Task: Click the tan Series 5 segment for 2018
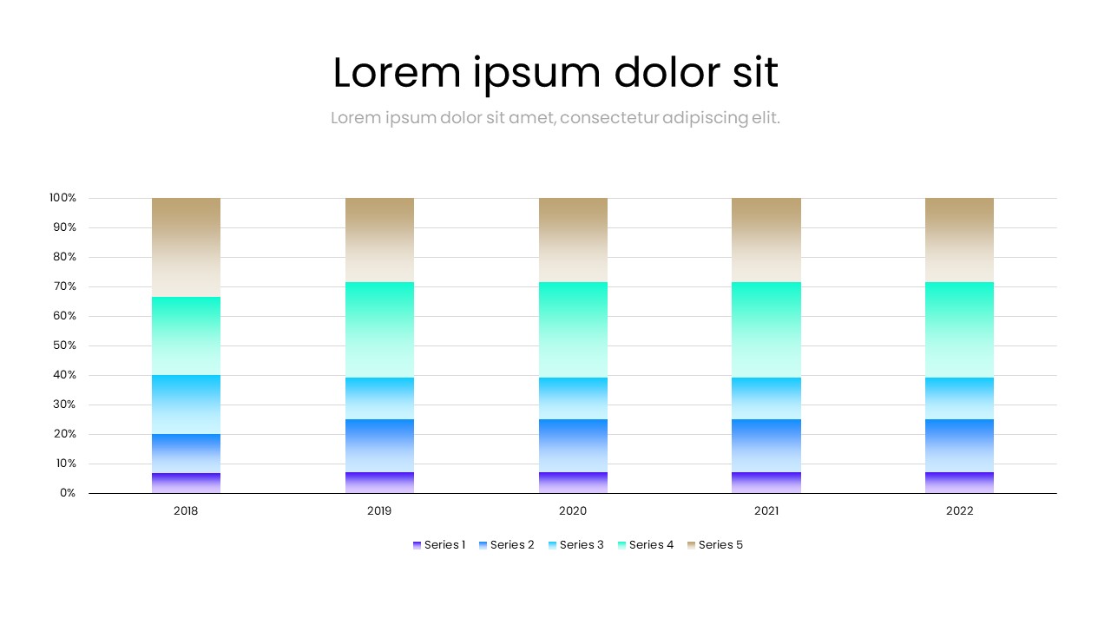pyautogui.click(x=186, y=247)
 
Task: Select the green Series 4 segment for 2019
pyautogui.click(x=379, y=330)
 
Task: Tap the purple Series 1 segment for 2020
pyautogui.click(x=573, y=483)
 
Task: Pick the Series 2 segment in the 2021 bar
pyautogui.click(x=766, y=445)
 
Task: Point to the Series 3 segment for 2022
pyautogui.click(x=959, y=398)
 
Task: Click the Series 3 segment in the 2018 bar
pyautogui.click(x=186, y=405)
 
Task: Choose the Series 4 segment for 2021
pyautogui.click(x=766, y=330)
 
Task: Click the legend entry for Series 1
pyautogui.click(x=439, y=545)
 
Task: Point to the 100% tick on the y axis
pyautogui.click(x=63, y=198)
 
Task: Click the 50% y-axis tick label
pyautogui.click(x=65, y=345)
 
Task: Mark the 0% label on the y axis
pyautogui.click(x=68, y=493)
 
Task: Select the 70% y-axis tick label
pyautogui.click(x=65, y=286)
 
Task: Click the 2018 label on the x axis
pyautogui.click(x=186, y=511)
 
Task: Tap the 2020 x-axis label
pyautogui.click(x=573, y=511)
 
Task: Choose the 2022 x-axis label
pyautogui.click(x=959, y=511)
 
